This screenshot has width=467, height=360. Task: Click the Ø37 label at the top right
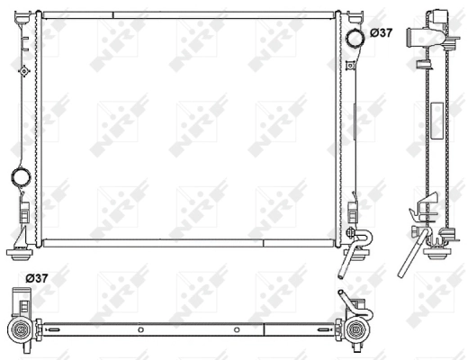click(x=382, y=33)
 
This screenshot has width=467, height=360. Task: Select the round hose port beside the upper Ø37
click(x=354, y=37)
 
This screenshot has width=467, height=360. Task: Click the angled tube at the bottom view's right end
click(x=344, y=301)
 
